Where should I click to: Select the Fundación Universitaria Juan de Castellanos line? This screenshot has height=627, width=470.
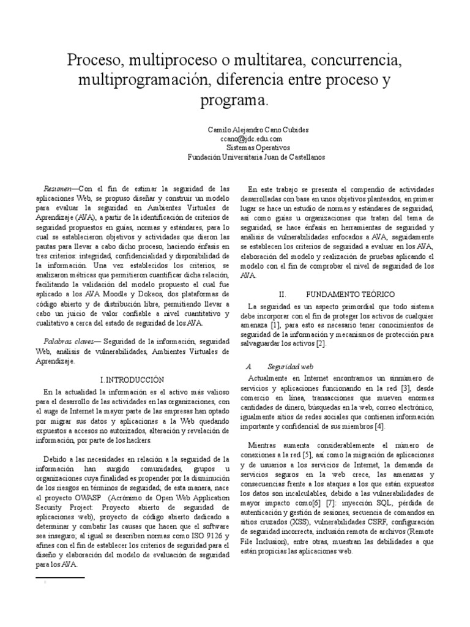pyautogui.click(x=256, y=156)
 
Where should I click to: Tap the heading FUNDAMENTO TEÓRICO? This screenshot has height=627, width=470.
pyautogui.click(x=346, y=294)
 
